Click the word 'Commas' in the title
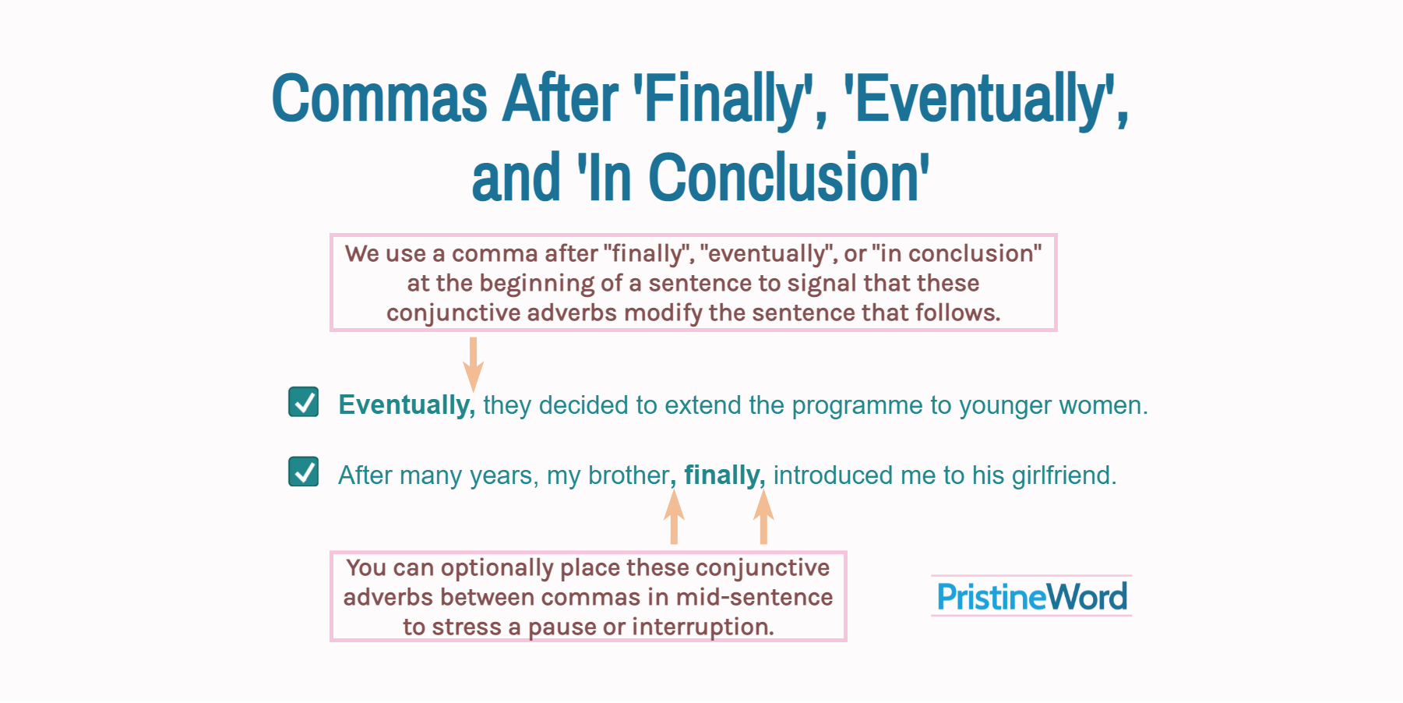click(x=379, y=99)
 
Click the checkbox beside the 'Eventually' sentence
click(x=303, y=402)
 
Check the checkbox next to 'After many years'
click(x=303, y=472)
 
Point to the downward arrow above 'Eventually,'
click(x=473, y=363)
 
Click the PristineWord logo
click(x=1031, y=597)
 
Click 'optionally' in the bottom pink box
click(x=496, y=568)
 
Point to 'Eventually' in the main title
click(x=978, y=99)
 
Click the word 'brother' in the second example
click(x=628, y=475)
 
